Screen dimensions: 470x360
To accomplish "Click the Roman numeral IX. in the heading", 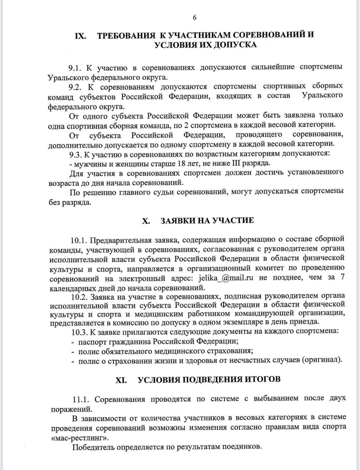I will pos(80,36).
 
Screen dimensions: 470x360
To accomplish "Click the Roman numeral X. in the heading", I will pos(146,221).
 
